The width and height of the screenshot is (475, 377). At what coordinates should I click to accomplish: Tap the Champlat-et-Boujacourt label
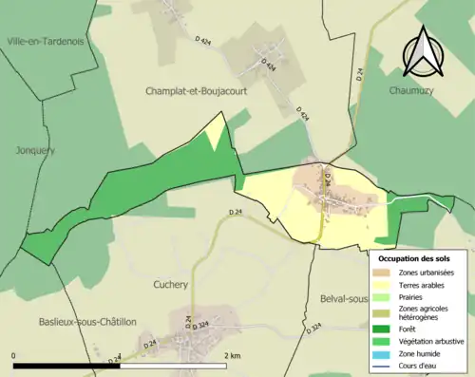196,91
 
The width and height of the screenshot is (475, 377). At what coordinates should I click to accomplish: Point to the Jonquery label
35,150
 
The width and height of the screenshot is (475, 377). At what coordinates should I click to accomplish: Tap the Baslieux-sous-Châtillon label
85,322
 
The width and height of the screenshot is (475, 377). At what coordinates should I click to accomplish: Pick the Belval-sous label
344,299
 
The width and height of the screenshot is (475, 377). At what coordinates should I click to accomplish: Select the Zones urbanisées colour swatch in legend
385,273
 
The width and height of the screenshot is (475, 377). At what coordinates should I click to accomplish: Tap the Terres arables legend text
424,284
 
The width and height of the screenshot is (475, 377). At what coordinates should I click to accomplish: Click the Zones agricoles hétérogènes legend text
425,314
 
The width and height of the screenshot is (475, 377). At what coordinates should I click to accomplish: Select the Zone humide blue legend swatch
385,356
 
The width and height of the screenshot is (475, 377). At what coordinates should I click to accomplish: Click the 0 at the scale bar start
14,355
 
